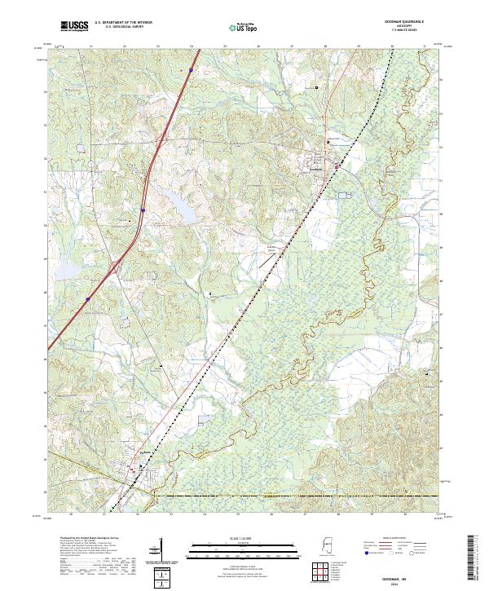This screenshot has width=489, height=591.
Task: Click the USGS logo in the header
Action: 74,27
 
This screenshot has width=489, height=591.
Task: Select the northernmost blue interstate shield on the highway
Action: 190,71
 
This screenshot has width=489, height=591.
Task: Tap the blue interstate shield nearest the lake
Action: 142,210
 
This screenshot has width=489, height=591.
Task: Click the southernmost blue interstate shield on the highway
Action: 86,299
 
